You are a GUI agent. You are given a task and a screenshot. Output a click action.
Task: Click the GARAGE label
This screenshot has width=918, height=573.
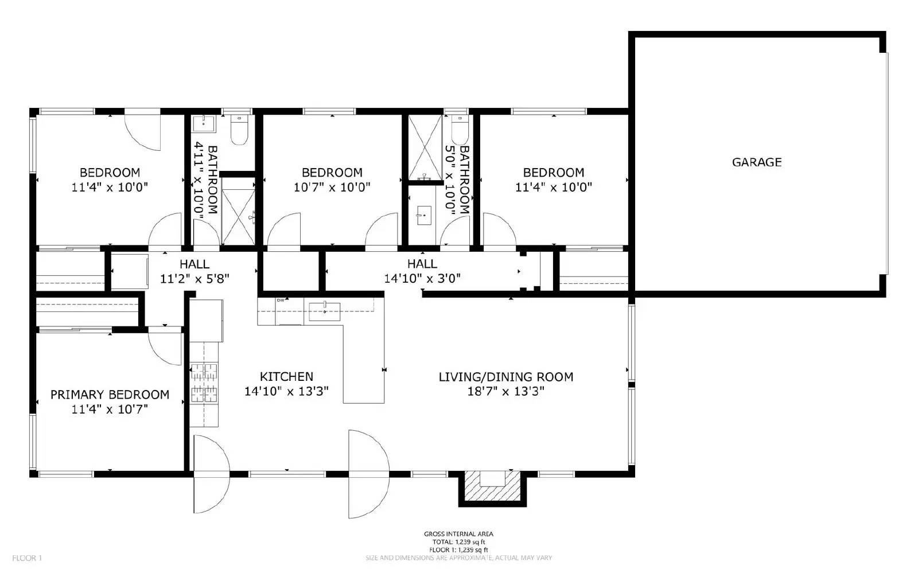click(756, 162)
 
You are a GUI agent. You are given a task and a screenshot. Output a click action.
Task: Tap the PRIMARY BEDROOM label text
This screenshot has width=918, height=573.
click(110, 395)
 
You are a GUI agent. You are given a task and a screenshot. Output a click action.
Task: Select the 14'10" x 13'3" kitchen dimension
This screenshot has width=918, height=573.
click(286, 392)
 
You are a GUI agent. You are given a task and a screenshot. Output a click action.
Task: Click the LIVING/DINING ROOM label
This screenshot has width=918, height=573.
click(505, 377)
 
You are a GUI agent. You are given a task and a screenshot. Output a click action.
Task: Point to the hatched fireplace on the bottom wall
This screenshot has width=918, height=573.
click(492, 486)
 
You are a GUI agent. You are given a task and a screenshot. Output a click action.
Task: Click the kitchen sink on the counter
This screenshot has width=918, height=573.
click(324, 311)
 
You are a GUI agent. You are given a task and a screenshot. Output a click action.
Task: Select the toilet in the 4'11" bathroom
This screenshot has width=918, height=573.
click(238, 131)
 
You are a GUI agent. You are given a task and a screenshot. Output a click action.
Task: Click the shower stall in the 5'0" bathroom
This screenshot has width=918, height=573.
click(425, 148)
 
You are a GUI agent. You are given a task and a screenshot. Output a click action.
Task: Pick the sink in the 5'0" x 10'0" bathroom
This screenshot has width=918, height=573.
click(424, 215)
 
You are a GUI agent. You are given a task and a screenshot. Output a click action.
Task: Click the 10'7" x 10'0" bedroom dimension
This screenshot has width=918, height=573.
click(332, 187)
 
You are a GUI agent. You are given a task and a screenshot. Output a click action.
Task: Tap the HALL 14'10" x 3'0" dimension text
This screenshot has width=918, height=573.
click(422, 279)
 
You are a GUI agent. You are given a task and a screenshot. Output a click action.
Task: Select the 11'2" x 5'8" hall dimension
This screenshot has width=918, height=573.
click(195, 279)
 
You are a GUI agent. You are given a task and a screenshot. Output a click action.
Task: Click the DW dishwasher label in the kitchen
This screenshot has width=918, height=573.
click(281, 300)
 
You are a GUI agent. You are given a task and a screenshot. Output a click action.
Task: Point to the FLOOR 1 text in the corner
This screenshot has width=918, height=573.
click(28, 558)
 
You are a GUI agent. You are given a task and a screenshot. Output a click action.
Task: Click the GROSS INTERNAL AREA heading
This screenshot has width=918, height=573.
click(458, 534)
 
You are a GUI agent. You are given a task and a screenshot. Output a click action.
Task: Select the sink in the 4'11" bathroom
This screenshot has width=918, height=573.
click(203, 122)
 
